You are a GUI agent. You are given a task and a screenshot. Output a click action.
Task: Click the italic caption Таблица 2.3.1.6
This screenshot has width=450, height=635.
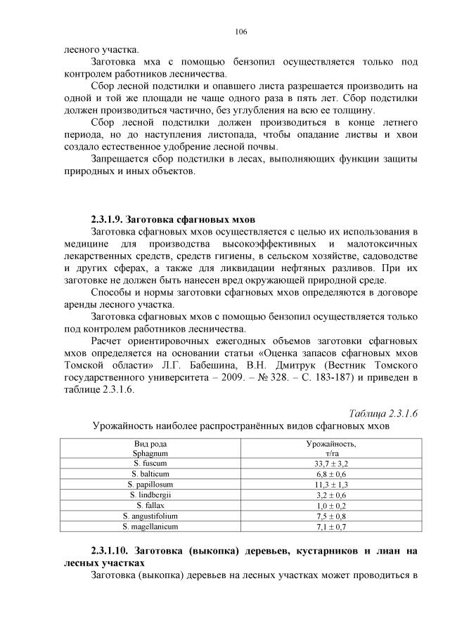[379, 413]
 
